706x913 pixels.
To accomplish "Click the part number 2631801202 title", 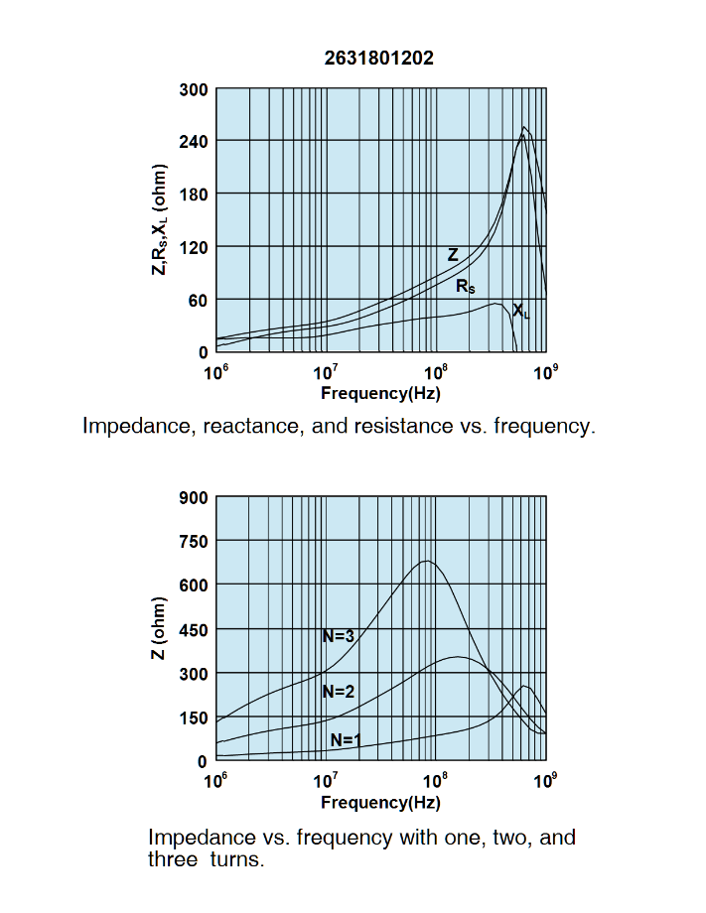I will [x=379, y=59].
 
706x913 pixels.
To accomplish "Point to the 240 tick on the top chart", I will [x=194, y=142].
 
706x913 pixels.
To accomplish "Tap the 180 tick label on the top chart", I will [x=194, y=195].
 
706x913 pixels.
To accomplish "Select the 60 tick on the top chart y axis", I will [x=199, y=300].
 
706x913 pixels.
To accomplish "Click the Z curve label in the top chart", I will [x=453, y=255].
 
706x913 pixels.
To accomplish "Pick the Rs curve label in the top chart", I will [x=465, y=286].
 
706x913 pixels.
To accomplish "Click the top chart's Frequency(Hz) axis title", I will [x=380, y=393].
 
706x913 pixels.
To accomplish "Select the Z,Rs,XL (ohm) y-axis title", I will [x=159, y=219].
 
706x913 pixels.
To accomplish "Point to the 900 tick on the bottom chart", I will [x=194, y=498].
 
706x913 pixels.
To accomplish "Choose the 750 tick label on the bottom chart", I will [x=194, y=542].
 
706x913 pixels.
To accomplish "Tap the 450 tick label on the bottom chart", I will [x=194, y=630].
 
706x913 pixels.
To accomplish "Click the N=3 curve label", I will [x=339, y=636].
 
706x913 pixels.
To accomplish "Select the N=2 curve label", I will [x=339, y=692].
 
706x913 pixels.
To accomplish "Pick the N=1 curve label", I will [x=346, y=738].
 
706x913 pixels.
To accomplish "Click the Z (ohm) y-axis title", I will [x=159, y=629].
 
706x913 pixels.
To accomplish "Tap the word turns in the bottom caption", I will [x=237, y=859].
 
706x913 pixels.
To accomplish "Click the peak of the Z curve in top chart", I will [x=524, y=127].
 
